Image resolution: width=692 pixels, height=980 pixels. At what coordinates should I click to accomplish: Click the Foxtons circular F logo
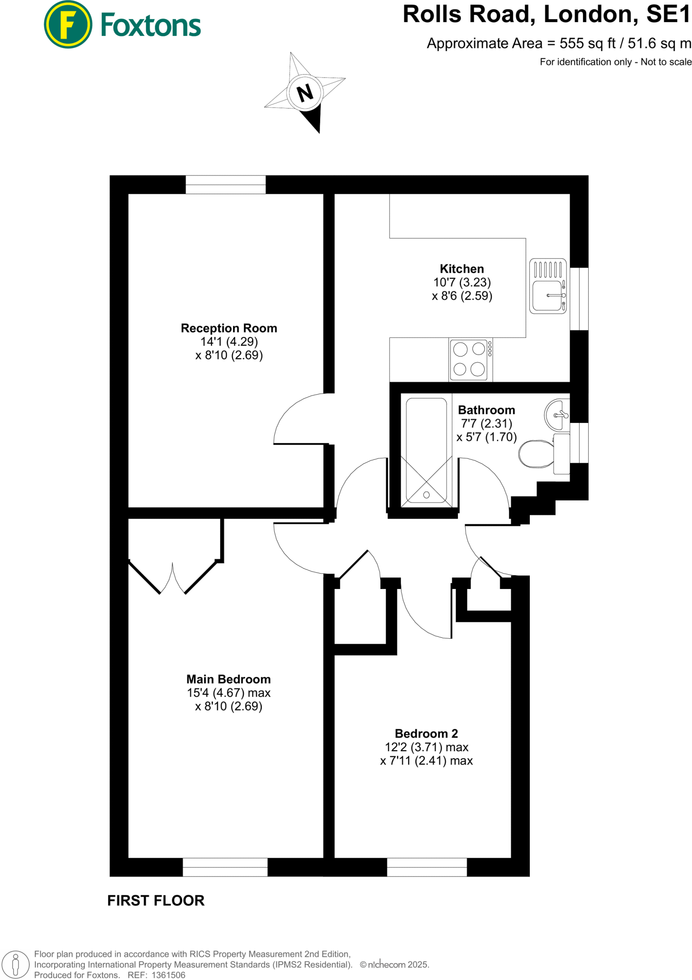click(68, 24)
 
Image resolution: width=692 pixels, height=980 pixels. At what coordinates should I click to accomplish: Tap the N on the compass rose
click(305, 92)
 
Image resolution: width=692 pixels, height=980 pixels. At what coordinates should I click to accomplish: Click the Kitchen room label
click(462, 269)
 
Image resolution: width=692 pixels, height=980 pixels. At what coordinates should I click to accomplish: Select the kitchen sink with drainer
click(548, 286)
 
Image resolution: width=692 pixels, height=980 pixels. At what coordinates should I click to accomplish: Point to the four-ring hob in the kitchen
click(470, 359)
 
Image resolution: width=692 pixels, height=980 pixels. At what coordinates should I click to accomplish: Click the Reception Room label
click(229, 328)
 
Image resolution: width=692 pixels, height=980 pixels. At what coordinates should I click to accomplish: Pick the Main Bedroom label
click(228, 679)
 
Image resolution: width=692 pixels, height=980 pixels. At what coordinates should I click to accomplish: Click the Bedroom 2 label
click(426, 734)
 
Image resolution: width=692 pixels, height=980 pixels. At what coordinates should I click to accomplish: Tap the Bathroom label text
click(486, 410)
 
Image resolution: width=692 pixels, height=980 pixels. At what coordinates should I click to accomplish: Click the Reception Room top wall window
click(225, 185)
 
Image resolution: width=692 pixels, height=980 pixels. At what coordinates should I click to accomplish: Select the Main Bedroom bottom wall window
click(225, 867)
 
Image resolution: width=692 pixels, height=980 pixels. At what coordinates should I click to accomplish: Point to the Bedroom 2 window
click(427, 867)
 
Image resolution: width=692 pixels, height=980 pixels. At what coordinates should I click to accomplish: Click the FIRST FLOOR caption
click(156, 901)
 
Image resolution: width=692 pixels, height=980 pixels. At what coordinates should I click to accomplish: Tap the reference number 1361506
click(168, 975)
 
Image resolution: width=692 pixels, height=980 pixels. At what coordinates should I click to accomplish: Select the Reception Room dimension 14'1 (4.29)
click(229, 342)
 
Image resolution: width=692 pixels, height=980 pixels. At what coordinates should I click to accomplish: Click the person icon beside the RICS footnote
click(16, 964)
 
